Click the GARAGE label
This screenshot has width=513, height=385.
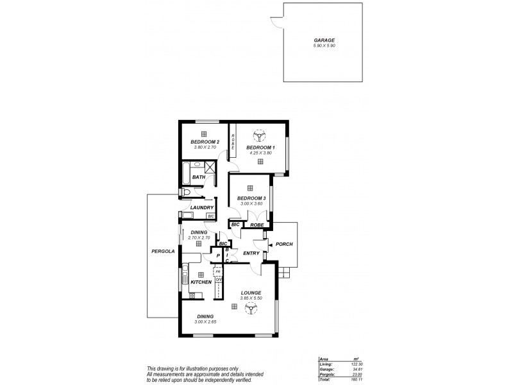tap(324, 40)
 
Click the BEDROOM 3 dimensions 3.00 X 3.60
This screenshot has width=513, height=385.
tap(251, 203)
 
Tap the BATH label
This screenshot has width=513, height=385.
tap(190, 177)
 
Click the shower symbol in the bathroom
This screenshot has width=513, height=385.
tap(207, 167)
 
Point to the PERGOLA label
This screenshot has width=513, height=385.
tap(162, 251)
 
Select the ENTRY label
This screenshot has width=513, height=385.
tap(251, 253)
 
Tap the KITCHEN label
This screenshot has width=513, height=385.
tap(201, 282)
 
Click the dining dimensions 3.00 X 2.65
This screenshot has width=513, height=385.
tap(205, 321)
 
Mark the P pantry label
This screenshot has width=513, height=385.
tap(218, 256)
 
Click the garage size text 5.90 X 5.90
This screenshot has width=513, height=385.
tap(324, 46)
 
